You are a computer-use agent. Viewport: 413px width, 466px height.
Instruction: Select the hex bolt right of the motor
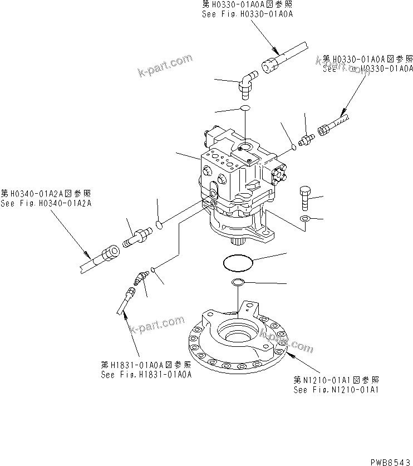pyautogui.click(x=305, y=197)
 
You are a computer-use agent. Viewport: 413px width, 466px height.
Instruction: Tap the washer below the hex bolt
pyautogui.click(x=305, y=218)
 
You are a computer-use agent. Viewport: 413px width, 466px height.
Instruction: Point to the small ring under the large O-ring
pyautogui.click(x=238, y=282)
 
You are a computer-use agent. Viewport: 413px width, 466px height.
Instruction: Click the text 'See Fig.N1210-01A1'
pyautogui.click(x=337, y=390)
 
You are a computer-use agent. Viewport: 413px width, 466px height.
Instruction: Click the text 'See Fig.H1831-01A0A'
pyautogui.click(x=146, y=375)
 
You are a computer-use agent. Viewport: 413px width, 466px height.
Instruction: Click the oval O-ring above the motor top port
pyautogui.click(x=245, y=107)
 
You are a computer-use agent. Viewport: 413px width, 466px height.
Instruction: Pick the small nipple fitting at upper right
pyautogui.click(x=305, y=139)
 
